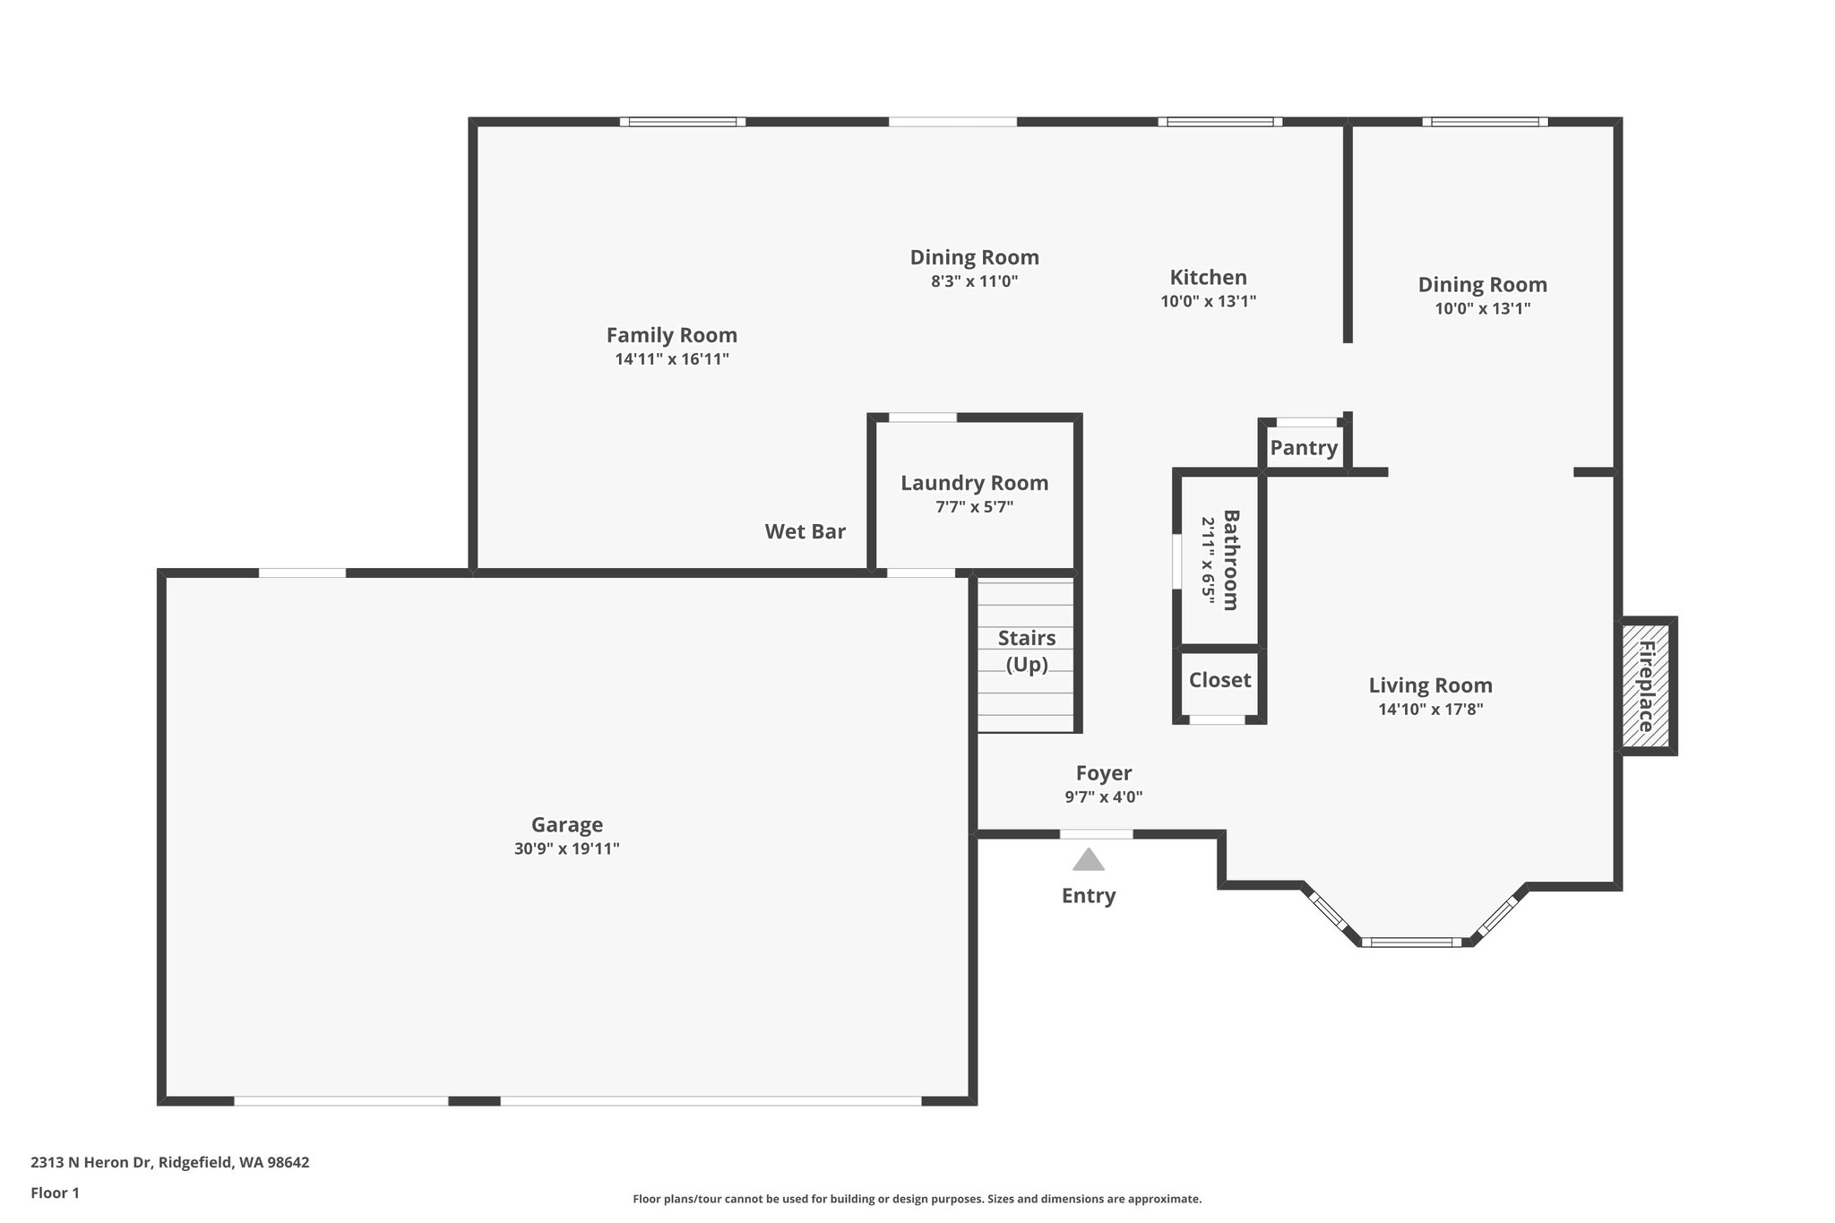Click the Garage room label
pyautogui.click(x=566, y=824)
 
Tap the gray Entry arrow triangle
pyautogui.click(x=1089, y=860)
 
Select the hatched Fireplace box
pyautogui.click(x=1647, y=685)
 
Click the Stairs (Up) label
pyautogui.click(x=1027, y=650)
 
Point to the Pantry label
pyautogui.click(x=1304, y=447)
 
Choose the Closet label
pyautogui.click(x=1219, y=680)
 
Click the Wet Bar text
pyautogui.click(x=805, y=531)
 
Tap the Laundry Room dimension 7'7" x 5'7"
pyautogui.click(x=974, y=507)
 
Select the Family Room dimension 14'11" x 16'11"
pyautogui.click(x=672, y=359)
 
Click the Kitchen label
pyautogui.click(x=1208, y=277)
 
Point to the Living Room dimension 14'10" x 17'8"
pyautogui.click(x=1430, y=710)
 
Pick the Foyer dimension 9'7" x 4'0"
pyautogui.click(x=1103, y=797)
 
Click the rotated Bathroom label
pyautogui.click(x=1231, y=560)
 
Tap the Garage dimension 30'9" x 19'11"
pyautogui.click(x=566, y=848)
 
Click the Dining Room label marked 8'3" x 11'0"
pyautogui.click(x=974, y=257)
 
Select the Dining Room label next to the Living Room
pyautogui.click(x=1482, y=284)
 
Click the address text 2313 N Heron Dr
pyautogui.click(x=169, y=1162)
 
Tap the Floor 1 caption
pyautogui.click(x=55, y=1193)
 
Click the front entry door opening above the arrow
pyautogui.click(x=1096, y=834)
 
